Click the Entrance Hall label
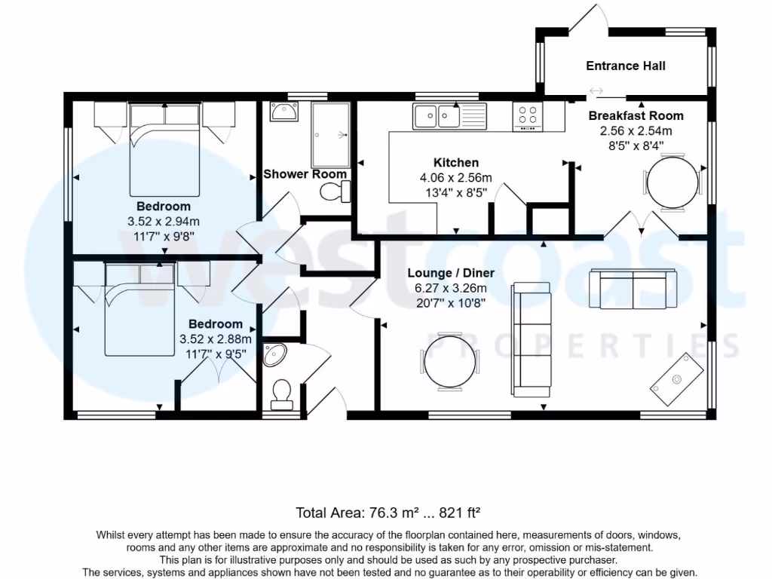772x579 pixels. click(x=625, y=66)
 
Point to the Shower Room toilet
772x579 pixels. click(x=334, y=193)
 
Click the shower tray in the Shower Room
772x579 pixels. click(x=330, y=135)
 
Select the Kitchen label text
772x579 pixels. click(x=455, y=163)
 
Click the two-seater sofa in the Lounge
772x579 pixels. click(x=632, y=288)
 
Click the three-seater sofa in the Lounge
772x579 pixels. click(x=531, y=339)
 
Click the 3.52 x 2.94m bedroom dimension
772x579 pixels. click(x=163, y=221)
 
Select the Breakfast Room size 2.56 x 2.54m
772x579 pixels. click(x=636, y=130)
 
